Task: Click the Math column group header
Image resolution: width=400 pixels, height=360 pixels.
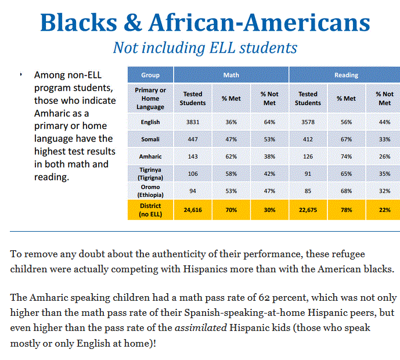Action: tap(231, 75)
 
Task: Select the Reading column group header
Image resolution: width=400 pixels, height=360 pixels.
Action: tap(346, 75)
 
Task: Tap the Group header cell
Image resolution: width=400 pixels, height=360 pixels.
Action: tap(150, 75)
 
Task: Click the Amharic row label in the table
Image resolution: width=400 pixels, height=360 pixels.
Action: tap(150, 157)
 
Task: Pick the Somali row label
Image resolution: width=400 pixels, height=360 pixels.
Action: tap(150, 139)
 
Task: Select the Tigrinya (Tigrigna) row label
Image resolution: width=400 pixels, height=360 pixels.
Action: tap(150, 174)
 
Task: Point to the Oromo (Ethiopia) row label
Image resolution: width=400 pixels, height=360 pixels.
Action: tap(150, 191)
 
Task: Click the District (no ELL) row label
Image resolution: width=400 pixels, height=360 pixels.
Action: tap(150, 210)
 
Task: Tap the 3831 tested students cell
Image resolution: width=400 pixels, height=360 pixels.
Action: tap(193, 123)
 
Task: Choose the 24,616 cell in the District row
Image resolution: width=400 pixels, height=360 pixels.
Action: tap(193, 210)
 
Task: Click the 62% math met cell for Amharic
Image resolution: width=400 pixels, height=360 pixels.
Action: tap(231, 157)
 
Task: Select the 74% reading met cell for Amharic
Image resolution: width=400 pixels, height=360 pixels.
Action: tap(346, 157)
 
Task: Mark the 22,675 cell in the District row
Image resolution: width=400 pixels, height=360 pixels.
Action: tap(308, 210)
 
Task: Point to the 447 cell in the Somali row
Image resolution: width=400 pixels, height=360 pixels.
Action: tap(193, 139)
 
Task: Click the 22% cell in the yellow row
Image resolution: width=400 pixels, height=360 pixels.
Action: tap(384, 210)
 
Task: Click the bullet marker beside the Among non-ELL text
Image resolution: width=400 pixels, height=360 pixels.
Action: tap(20, 75)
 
